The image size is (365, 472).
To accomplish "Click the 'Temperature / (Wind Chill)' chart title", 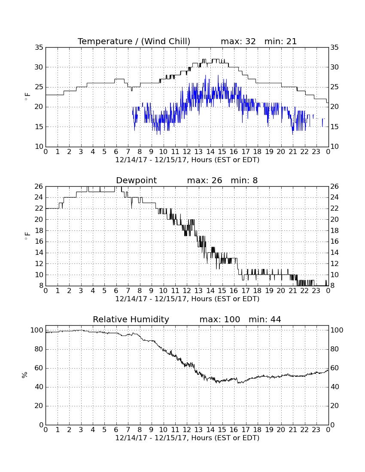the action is (134, 41).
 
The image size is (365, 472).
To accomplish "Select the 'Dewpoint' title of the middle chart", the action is (137, 180).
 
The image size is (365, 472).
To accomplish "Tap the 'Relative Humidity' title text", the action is (131, 319).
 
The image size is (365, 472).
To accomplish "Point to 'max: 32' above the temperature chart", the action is (238, 41).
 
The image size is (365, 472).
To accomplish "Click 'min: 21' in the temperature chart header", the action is (281, 41).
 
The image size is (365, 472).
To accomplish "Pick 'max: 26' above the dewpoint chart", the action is (204, 180).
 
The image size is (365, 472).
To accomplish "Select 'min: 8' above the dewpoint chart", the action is (244, 180).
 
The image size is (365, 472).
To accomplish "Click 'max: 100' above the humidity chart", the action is (220, 319).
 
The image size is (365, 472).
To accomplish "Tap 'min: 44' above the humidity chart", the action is (265, 319).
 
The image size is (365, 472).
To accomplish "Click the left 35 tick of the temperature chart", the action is (39, 48).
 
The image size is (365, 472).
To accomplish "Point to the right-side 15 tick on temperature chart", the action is (335, 127).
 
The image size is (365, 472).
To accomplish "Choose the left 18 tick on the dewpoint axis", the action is (39, 230).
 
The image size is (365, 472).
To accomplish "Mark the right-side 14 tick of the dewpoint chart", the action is (335, 253).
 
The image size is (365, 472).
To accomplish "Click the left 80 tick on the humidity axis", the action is (39, 349).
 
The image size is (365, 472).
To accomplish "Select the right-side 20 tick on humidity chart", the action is (335, 406).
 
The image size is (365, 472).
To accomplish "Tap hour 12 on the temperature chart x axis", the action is (187, 152).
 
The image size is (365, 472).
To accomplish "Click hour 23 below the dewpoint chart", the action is (316, 291).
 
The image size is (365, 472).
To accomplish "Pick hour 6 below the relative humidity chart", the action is (116, 430).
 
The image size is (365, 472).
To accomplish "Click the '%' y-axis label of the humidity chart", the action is (25, 375).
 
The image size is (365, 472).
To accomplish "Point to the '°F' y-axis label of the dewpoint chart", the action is (27, 236).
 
